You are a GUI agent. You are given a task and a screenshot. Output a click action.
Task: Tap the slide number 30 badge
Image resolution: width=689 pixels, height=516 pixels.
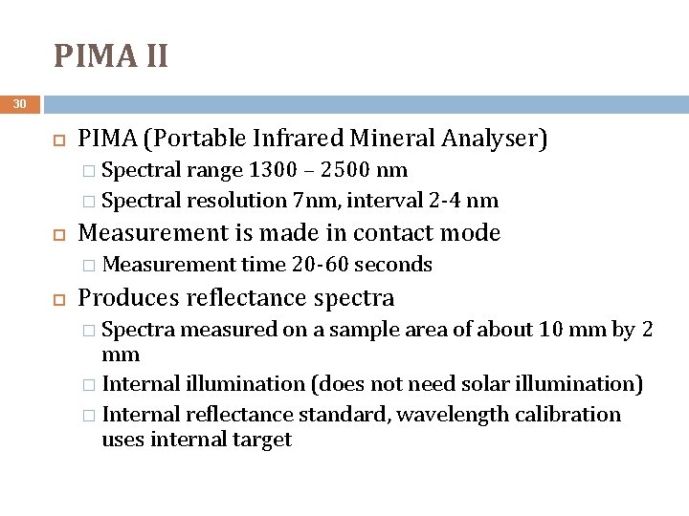point(20,104)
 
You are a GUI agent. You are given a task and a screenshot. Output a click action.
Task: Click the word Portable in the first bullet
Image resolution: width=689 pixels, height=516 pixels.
point(210,140)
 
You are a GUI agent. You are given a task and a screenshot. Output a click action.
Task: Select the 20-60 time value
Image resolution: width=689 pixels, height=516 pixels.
point(318,264)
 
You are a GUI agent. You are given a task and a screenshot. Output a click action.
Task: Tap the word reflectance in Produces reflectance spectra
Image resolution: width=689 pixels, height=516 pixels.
point(247,297)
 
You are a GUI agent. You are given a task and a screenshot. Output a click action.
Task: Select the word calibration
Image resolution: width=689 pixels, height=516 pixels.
point(568,414)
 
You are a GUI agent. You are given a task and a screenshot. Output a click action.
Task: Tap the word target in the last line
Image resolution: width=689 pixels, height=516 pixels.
point(261,440)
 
